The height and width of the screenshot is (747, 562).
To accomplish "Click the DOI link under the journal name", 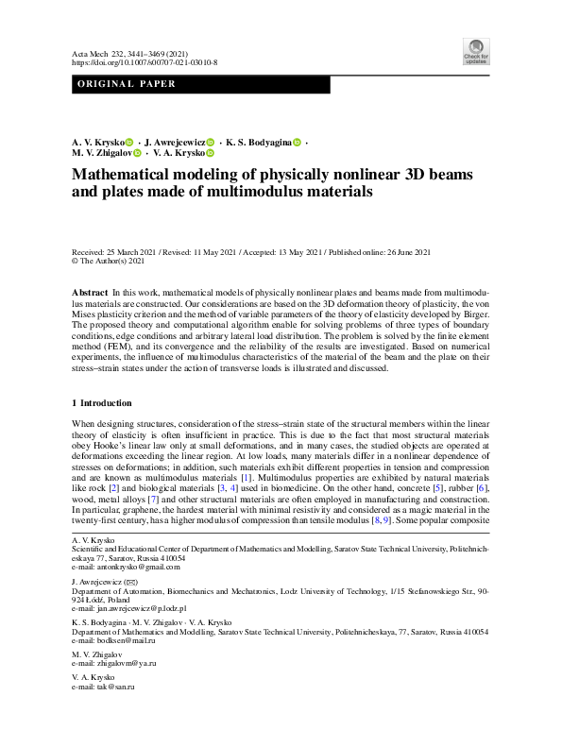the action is pyautogui.click(x=145, y=62).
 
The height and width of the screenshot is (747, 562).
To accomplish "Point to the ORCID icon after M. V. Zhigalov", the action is pyautogui.click(x=137, y=152).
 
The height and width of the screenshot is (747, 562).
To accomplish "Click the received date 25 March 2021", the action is pyautogui.click(x=121, y=251).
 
